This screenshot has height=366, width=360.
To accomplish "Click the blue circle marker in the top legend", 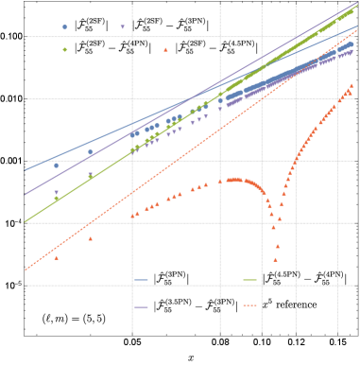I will [x=64, y=27].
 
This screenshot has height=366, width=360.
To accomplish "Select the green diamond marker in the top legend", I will [x=64, y=49].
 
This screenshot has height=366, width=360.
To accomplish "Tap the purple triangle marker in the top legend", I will [x=123, y=27].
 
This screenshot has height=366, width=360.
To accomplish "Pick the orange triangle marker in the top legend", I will [x=165, y=49].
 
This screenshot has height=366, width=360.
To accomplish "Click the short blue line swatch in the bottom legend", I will [x=142, y=280].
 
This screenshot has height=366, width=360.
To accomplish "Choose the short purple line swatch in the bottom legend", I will [x=142, y=306].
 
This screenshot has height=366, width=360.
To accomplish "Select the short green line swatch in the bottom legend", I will [x=250, y=280].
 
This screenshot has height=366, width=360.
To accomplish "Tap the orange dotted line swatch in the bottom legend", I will [x=250, y=306].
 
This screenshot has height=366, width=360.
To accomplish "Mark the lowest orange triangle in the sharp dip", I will [x=276, y=258].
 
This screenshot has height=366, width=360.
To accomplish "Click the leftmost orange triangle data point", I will [x=56, y=257].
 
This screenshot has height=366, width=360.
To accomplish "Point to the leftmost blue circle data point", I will [x=56, y=166].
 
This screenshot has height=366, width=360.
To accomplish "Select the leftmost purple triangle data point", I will [x=56, y=193].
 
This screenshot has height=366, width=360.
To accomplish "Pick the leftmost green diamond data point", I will [x=56, y=199].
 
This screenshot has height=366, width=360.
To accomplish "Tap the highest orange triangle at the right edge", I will [x=351, y=85].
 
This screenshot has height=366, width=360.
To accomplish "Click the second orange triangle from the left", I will [x=91, y=238].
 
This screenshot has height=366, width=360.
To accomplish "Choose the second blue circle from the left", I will [x=91, y=152].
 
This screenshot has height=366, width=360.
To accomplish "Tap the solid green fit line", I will [x=76, y=189].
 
